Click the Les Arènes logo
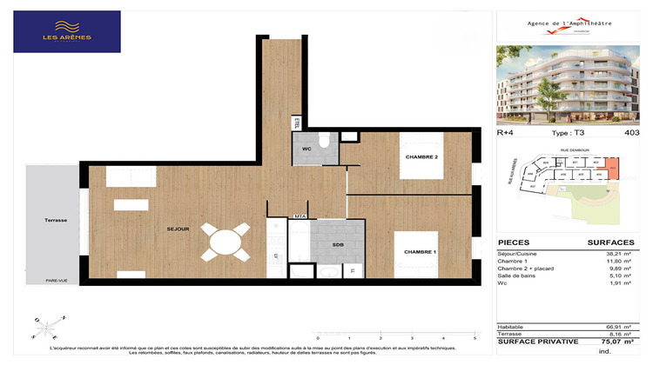click(x=67, y=32)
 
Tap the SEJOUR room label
click(x=178, y=229)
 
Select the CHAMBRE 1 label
click(x=421, y=251)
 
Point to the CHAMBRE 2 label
click(x=422, y=156)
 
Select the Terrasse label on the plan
click(x=56, y=221)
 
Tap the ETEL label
click(x=297, y=123)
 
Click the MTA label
click(x=299, y=215)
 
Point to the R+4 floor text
click(x=505, y=132)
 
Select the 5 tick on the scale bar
click(x=474, y=336)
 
